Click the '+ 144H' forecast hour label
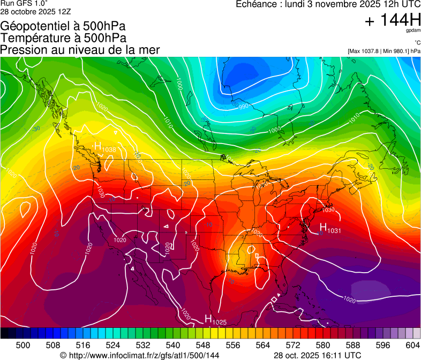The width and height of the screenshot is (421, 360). tap(393, 21)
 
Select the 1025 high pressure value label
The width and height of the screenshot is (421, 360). tap(219, 321)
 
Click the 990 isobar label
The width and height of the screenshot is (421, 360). tap(244, 107)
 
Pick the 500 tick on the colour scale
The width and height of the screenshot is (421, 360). tap(23, 346)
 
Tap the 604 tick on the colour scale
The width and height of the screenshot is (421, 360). tap(412, 346)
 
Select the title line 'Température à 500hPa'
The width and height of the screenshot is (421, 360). tap(63, 38)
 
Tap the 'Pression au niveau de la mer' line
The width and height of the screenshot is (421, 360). tap(80, 50)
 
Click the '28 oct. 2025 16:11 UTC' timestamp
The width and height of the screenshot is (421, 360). tap(317, 355)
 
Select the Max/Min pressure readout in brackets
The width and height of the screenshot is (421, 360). tap(384, 51)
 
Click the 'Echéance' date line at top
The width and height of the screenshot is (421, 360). tap(328, 4)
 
